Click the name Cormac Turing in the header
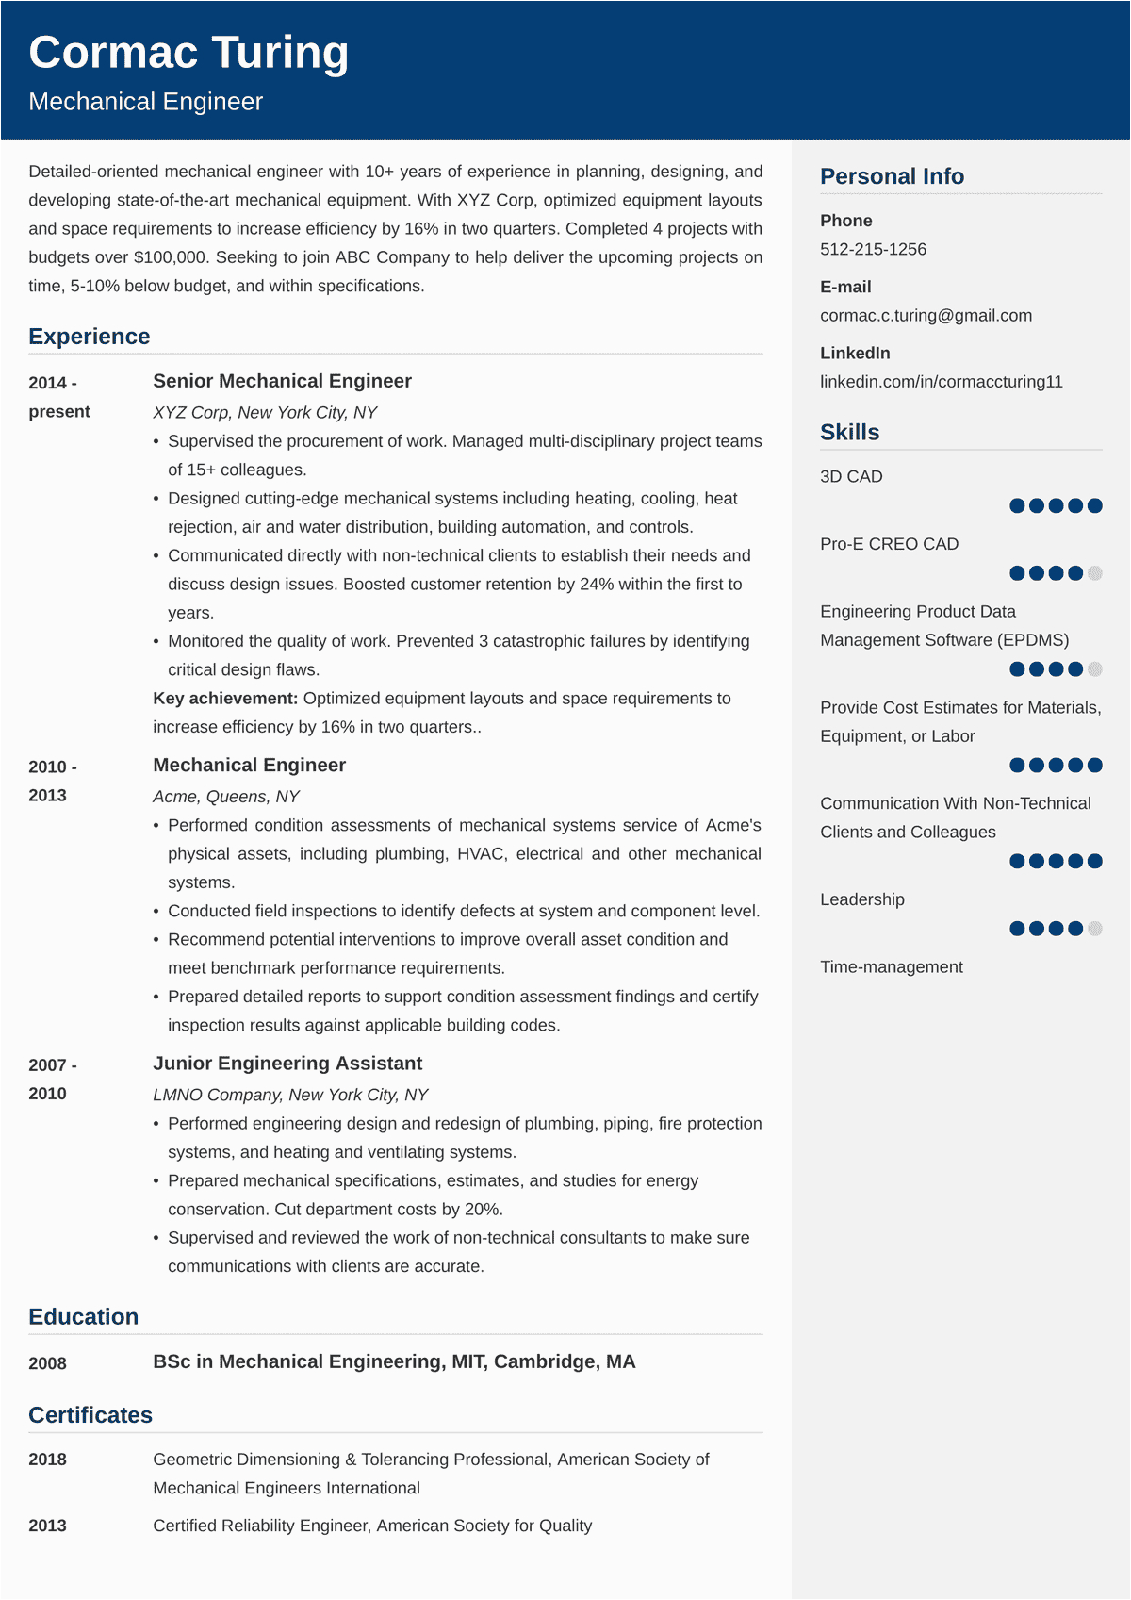point(188,53)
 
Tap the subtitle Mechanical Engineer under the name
point(145,102)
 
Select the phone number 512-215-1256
point(873,249)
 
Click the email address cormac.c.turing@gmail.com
point(926,315)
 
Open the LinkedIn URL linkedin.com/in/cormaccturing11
point(941,381)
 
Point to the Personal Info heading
point(892,176)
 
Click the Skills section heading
point(849,432)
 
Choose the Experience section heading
point(90,337)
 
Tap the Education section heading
point(83,1316)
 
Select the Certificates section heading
point(90,1414)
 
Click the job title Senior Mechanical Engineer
point(282,381)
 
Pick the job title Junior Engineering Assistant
point(287,1064)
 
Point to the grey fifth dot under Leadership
point(1094,929)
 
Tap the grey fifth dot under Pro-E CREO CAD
point(1094,573)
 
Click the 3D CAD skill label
point(851,476)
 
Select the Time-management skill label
point(891,966)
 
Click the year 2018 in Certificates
point(47,1460)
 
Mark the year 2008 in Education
point(47,1363)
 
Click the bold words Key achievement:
point(225,698)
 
